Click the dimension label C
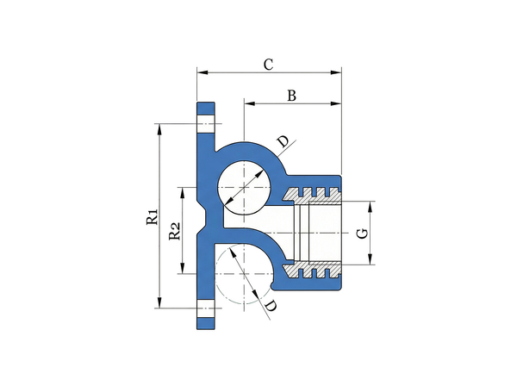pos(268,65)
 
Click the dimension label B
pos(291,96)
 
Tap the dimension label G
pos(363,233)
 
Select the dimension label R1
pos(153,216)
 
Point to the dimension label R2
pos(175,231)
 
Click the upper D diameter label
pos(283,141)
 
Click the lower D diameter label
pos(271,306)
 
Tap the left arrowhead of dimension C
pos(202,72)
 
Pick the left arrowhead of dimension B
pos(250,103)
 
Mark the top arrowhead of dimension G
pos(371,206)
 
